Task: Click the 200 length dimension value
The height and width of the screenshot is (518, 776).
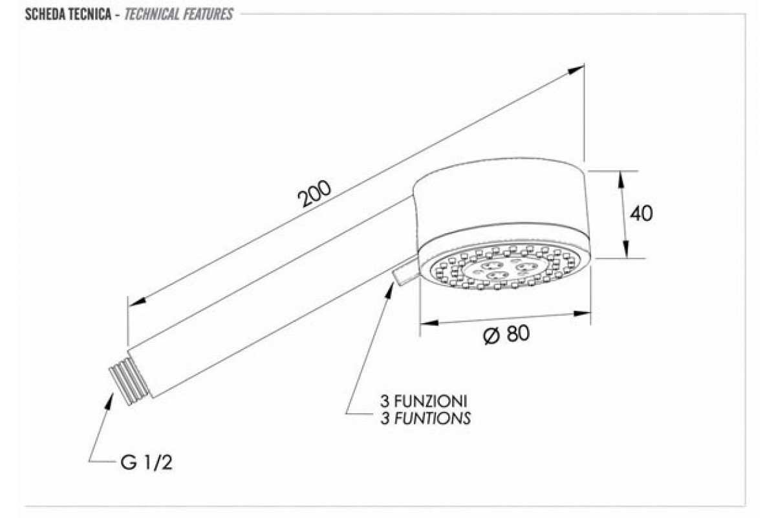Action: click(314, 194)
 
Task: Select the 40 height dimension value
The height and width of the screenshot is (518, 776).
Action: click(641, 214)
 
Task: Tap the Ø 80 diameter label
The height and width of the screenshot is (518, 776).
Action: click(506, 334)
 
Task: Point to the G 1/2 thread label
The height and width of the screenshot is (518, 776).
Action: click(146, 462)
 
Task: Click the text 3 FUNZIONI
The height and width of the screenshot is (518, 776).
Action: click(424, 401)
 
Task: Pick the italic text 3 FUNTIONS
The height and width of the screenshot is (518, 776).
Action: click(426, 418)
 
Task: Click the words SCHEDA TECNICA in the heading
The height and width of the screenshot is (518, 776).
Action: click(69, 15)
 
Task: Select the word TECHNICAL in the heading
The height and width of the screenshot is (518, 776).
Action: click(151, 15)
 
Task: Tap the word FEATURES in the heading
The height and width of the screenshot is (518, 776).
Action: click(207, 15)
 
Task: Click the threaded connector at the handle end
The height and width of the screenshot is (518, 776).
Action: click(129, 381)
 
